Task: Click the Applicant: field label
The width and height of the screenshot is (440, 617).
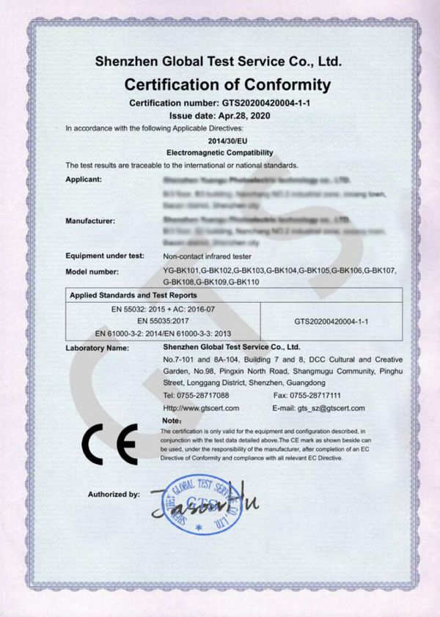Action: coord(83,179)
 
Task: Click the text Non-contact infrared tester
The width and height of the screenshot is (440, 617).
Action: coord(207,256)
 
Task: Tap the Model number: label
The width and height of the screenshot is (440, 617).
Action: coord(94,271)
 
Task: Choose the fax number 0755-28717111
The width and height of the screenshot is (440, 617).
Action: coord(319,396)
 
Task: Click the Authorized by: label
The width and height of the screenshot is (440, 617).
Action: coord(114,495)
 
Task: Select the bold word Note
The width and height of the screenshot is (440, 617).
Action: coord(170,421)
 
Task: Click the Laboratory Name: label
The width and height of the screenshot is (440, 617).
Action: coord(98,347)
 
